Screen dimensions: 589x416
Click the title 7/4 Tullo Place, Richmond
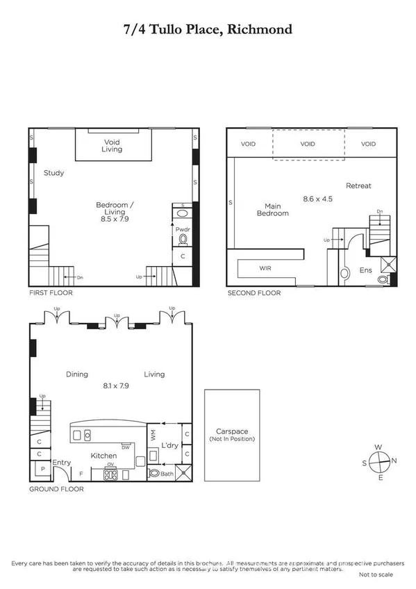208,29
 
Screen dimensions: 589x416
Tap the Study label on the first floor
53,173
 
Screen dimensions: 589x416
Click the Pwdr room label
183,228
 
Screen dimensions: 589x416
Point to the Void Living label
112,146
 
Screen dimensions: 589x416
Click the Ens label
365,270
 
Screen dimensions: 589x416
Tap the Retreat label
359,185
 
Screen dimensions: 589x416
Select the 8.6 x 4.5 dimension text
318,199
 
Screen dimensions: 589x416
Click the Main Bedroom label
272,209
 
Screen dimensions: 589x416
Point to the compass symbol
378,462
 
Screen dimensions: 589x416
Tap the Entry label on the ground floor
62,463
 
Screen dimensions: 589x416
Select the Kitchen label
103,456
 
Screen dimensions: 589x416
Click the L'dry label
171,445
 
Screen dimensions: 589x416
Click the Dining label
76,374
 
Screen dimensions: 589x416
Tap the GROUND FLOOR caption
56,489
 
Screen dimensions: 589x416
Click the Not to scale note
376,575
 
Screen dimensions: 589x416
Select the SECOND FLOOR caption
254,293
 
